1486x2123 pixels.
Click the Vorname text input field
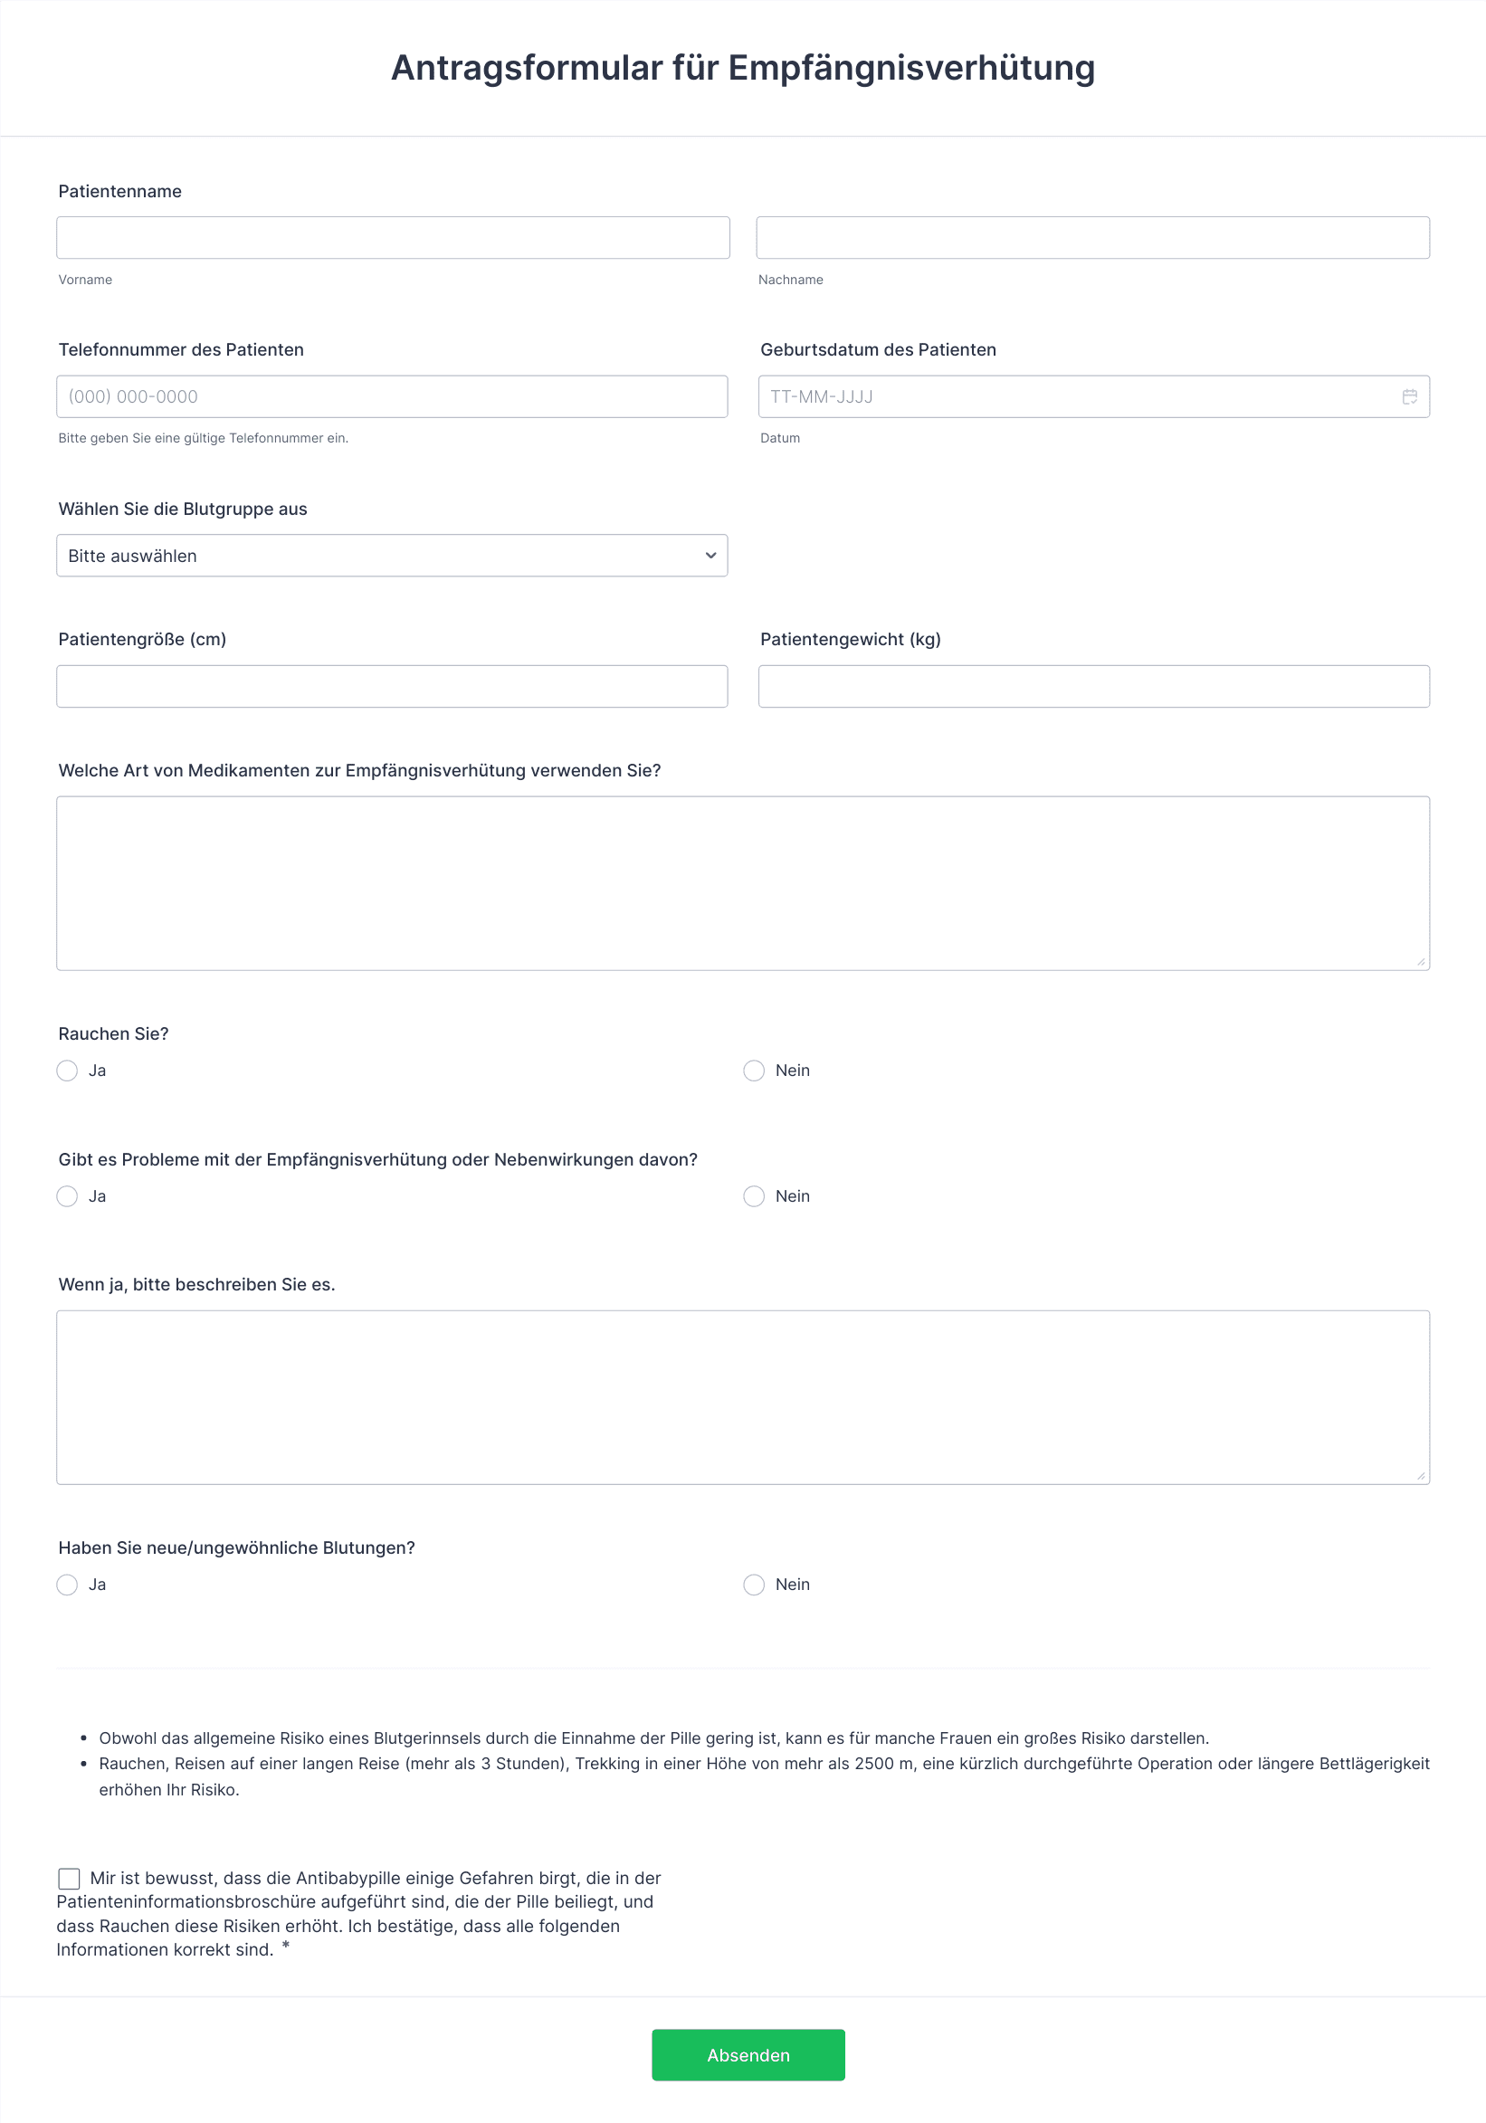tap(393, 238)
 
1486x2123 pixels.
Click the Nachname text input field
tap(1092, 238)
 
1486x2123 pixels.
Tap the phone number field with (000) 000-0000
tap(392, 396)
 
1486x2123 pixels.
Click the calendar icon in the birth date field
tap(1409, 396)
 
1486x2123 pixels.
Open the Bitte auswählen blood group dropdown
tap(392, 556)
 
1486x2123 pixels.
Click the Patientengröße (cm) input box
tap(392, 686)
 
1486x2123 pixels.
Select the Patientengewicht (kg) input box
tap(1093, 686)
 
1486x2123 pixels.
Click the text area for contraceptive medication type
tap(742, 883)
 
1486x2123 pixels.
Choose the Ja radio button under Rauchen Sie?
tap(67, 1071)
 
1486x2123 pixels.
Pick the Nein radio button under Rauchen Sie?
tap(754, 1071)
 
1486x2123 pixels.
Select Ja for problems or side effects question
tap(67, 1196)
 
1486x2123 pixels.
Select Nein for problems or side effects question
tap(754, 1196)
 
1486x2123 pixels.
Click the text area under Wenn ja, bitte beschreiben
tap(742, 1397)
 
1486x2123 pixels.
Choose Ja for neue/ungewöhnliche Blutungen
tap(67, 1585)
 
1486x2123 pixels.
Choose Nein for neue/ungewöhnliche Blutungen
tap(754, 1585)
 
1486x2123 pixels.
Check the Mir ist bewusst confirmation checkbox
tap(70, 1878)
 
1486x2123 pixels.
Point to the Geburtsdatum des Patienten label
tap(878, 349)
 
